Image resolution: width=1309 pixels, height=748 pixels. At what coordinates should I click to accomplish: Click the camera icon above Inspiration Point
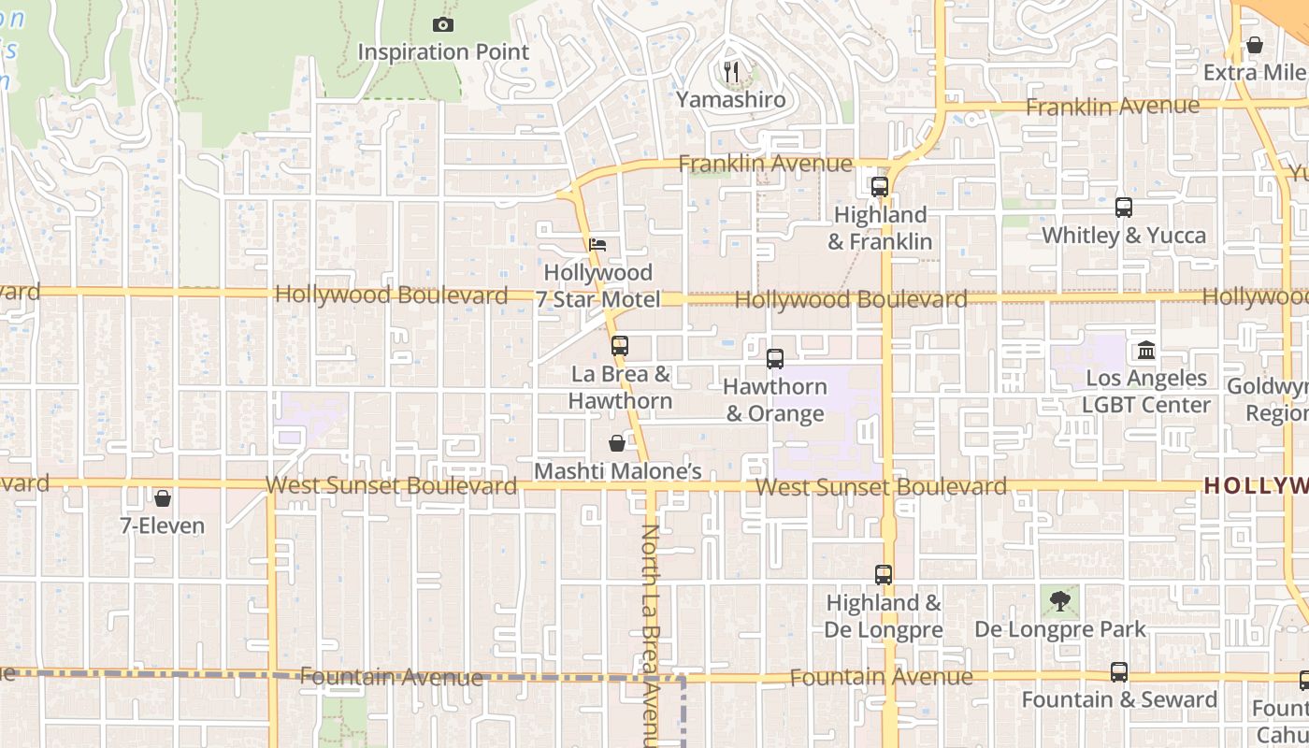click(x=444, y=25)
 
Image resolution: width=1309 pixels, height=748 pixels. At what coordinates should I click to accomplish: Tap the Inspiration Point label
click(x=444, y=52)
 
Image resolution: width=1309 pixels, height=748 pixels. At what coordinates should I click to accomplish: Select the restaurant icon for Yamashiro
click(x=731, y=71)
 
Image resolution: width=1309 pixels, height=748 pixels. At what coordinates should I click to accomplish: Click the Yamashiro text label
click(x=731, y=99)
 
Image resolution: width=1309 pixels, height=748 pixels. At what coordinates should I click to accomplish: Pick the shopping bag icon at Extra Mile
click(x=1255, y=45)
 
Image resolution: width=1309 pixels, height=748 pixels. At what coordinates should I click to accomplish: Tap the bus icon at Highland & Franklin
click(x=879, y=187)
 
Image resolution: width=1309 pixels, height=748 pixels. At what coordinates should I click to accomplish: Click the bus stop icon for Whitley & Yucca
click(x=1124, y=208)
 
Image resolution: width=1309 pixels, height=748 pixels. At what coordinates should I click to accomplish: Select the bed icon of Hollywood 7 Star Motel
click(x=598, y=245)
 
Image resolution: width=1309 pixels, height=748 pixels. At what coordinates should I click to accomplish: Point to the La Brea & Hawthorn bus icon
click(x=619, y=346)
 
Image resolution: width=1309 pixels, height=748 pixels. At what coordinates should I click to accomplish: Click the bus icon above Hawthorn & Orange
click(x=774, y=358)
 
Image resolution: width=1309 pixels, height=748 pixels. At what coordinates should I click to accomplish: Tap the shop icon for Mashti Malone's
click(x=617, y=443)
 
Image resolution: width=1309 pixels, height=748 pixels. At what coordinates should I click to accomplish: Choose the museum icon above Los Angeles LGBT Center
click(x=1146, y=351)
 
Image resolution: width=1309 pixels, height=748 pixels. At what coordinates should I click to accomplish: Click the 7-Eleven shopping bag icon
click(x=163, y=498)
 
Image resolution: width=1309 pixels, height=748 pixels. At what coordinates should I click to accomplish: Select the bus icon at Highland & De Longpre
click(x=883, y=575)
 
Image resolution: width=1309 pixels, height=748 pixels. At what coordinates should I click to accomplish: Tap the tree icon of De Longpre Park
click(x=1059, y=601)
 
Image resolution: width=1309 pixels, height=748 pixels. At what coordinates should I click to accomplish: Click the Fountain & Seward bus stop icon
click(x=1118, y=672)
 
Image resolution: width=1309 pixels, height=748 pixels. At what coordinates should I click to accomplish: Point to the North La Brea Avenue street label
click(x=651, y=636)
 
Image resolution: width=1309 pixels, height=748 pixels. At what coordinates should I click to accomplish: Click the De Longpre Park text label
click(x=1060, y=629)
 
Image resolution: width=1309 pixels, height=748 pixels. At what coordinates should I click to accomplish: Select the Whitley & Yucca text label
click(x=1124, y=235)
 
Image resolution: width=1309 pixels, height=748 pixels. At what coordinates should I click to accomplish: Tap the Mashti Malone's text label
click(x=617, y=471)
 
